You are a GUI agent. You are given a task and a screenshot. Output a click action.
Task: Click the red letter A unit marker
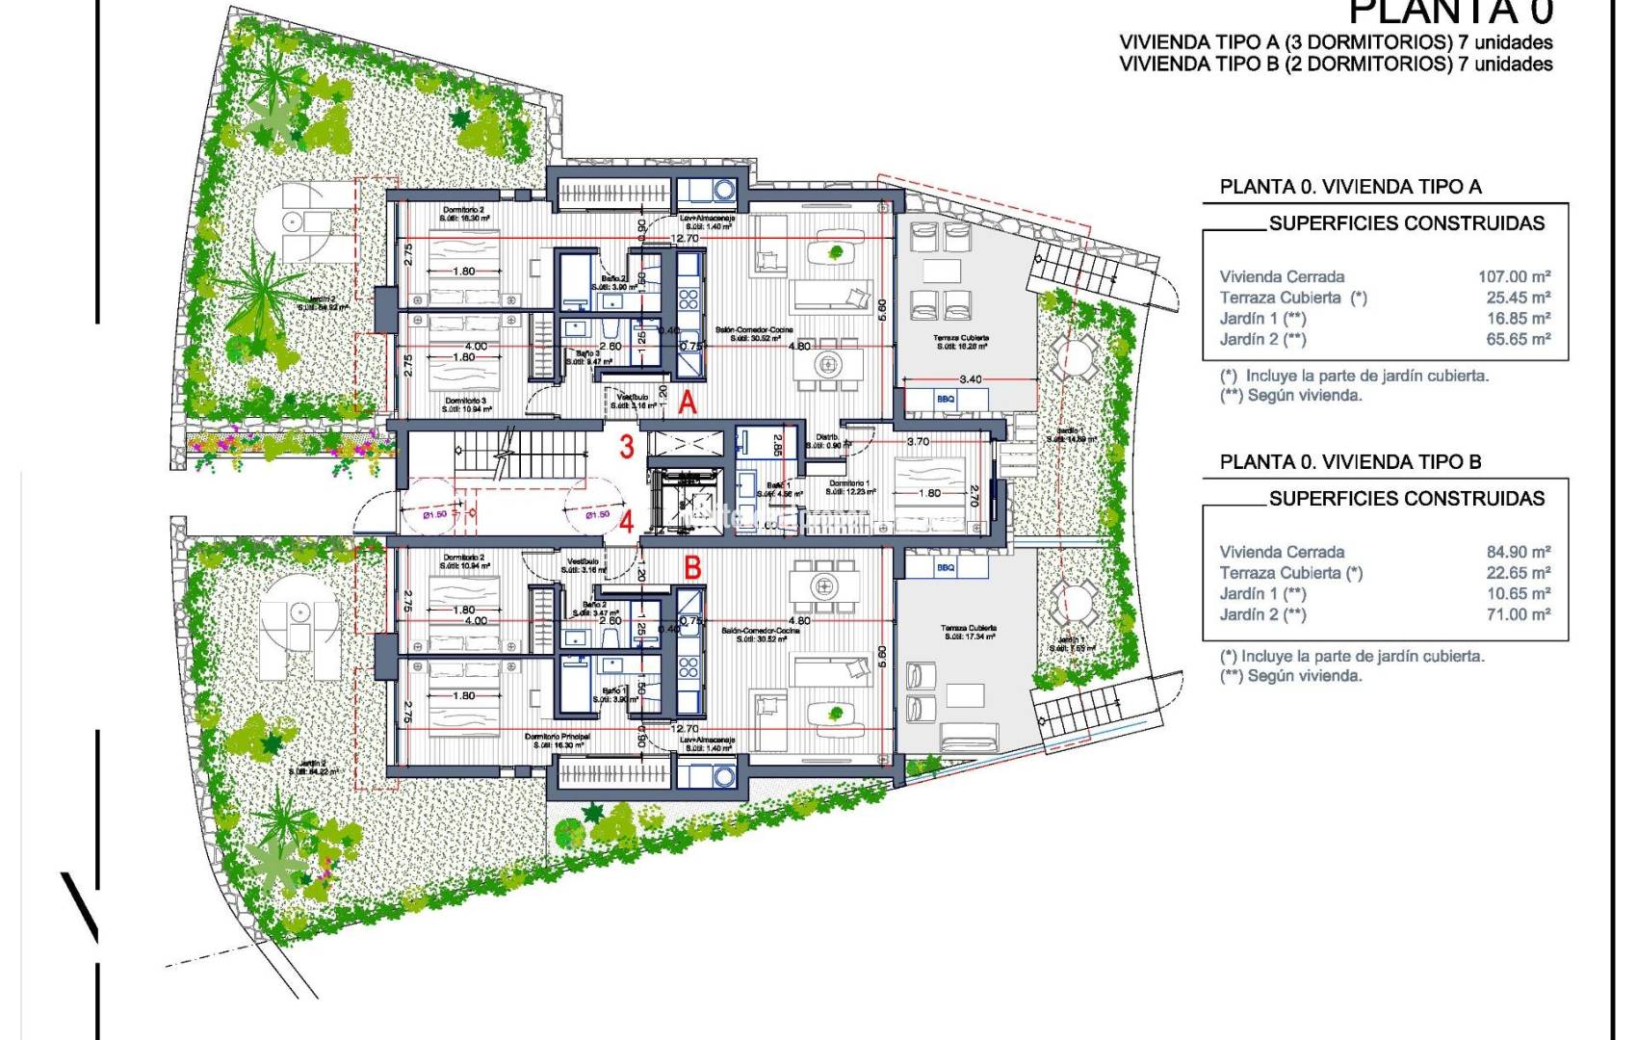(687, 403)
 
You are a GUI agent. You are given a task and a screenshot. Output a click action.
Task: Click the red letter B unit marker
(691, 568)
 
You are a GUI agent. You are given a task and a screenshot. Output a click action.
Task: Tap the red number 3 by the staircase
(627, 447)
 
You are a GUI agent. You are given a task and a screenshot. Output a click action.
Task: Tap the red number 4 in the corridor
(627, 523)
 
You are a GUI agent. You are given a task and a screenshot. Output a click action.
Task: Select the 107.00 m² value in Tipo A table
(1514, 276)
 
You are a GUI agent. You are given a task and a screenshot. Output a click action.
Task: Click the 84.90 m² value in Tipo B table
(1518, 552)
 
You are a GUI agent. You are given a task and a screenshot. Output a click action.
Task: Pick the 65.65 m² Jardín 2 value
(1518, 339)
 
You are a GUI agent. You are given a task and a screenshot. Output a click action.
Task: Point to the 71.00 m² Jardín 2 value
(1518, 614)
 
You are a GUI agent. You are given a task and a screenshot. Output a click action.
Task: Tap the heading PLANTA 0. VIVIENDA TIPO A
(1350, 187)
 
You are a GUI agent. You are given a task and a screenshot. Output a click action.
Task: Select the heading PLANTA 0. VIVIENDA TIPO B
(1350, 462)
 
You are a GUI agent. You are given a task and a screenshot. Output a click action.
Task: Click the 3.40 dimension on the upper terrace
(970, 379)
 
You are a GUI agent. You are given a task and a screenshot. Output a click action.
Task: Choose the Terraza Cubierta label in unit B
(969, 628)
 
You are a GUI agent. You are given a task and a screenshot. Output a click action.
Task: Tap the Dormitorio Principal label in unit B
(557, 737)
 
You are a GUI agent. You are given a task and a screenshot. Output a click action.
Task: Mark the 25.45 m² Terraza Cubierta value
(1518, 298)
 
